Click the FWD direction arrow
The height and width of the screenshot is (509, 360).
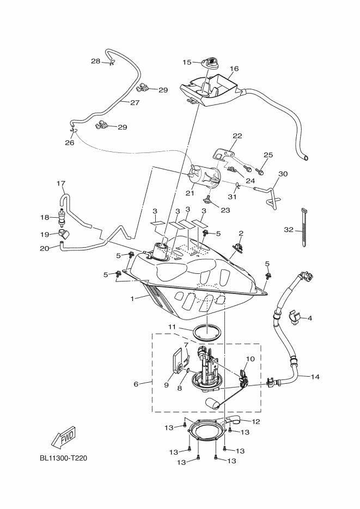tap(63, 436)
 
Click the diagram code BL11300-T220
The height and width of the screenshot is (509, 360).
tap(63, 458)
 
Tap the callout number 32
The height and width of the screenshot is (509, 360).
tap(289, 230)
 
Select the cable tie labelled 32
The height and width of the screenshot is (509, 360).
tap(304, 228)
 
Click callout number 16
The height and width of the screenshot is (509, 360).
tap(234, 69)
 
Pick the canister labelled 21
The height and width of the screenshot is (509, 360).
tap(205, 177)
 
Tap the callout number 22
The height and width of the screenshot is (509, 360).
tap(237, 136)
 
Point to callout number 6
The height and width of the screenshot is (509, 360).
tap(136, 384)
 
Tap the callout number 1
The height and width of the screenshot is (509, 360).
tap(132, 299)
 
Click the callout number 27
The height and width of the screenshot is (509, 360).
tap(135, 102)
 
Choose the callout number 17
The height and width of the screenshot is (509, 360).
tap(60, 183)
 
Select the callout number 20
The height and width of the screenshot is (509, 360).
tap(45, 249)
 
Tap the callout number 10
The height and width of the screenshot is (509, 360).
tap(251, 359)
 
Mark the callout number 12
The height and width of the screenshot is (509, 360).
tap(256, 422)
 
